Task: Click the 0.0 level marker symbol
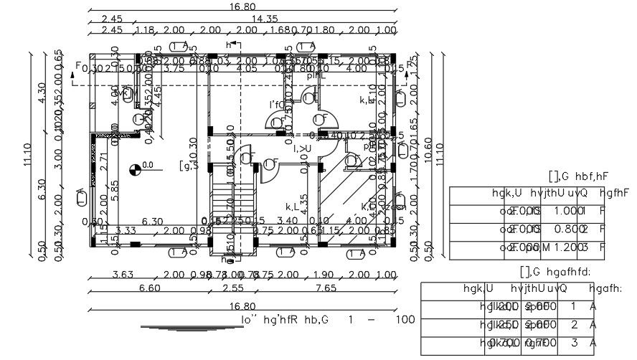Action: pyautogui.click(x=134, y=170)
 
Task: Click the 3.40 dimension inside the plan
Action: pyautogui.click(x=287, y=221)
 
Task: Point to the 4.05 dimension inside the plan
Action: pyautogui.click(x=245, y=69)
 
